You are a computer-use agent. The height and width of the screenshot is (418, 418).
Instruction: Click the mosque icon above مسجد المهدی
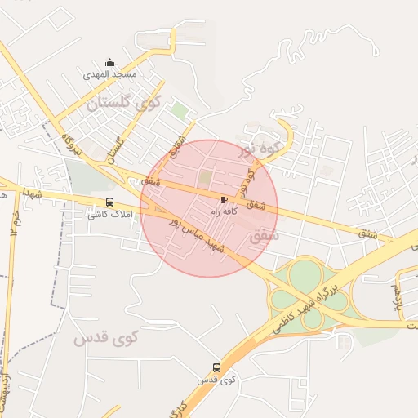(x=110, y=63)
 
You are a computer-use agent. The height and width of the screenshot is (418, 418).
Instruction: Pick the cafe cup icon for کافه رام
(x=224, y=199)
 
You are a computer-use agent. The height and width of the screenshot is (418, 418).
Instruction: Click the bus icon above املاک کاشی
(x=109, y=202)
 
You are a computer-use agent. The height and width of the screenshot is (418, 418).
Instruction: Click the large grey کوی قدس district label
(x=107, y=336)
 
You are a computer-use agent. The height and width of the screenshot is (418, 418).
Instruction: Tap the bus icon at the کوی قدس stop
(x=216, y=367)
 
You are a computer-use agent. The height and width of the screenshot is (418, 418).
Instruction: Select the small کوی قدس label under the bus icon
(x=216, y=380)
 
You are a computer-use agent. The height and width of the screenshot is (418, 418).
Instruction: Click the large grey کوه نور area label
(x=260, y=149)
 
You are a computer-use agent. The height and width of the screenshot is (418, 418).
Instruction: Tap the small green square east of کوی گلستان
(x=180, y=111)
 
